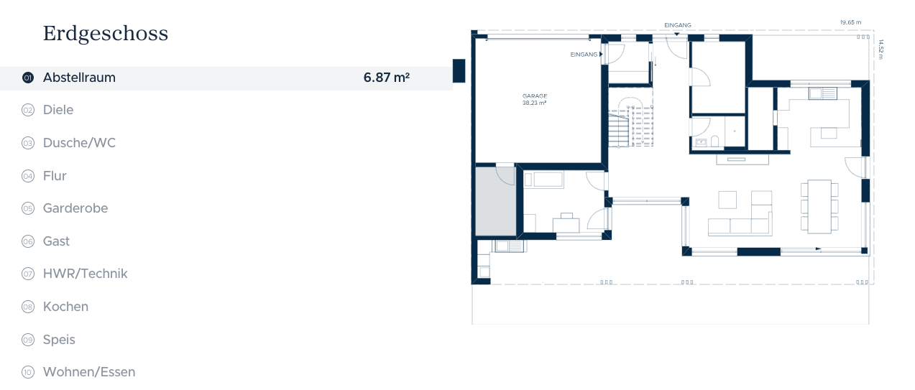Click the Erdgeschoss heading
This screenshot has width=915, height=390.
pos(106,34)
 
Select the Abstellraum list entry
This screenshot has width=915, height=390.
pos(79,78)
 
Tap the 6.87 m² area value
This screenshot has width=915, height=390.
pos(387,77)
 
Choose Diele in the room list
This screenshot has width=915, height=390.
pos(58,110)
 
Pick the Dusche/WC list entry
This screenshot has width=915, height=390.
pos(79,143)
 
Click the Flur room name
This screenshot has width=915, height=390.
pos(55,176)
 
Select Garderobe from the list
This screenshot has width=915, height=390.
pos(75,208)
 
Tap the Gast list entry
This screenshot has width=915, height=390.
pos(56,241)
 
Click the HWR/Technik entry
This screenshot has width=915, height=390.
pos(86,274)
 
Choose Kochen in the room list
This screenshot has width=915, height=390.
pos(65,307)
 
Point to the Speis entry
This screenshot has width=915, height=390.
pos(59,340)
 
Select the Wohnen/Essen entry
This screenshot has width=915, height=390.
pos(89,372)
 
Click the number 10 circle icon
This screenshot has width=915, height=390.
pos(28,373)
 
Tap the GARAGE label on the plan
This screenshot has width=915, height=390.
pos(534,96)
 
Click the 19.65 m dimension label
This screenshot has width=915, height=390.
pos(850,22)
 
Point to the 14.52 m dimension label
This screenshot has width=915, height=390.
pos(880,49)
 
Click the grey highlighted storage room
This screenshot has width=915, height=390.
pos(495,201)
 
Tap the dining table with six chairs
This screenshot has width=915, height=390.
pos(819,207)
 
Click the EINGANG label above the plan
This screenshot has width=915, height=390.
pos(678,25)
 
